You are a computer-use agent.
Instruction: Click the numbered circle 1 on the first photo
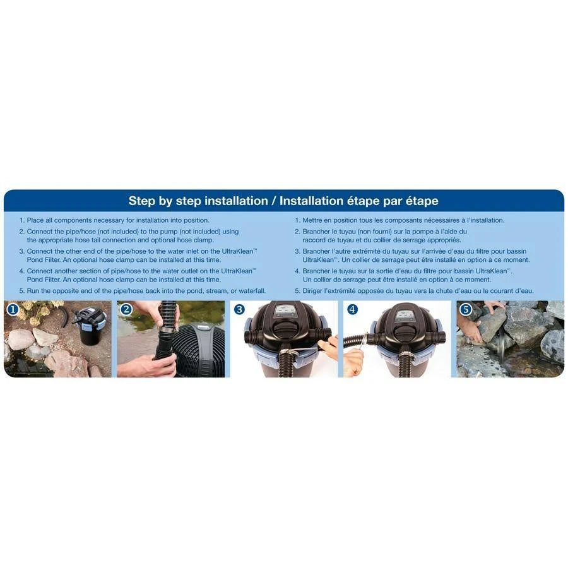pos(13,309)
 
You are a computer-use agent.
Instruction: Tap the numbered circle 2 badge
pos(126,309)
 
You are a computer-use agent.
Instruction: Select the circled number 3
pos(239,309)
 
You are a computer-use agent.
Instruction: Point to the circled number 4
pos(352,309)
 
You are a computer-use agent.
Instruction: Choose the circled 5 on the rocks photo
pos(466,309)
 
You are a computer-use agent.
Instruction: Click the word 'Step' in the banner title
pos(142,201)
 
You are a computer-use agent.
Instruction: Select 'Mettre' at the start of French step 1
pos(312,220)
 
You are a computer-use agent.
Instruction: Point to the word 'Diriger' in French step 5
pos(313,291)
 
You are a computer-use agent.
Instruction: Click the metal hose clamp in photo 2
pos(165,331)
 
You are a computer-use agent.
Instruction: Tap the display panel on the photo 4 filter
pos(402,314)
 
